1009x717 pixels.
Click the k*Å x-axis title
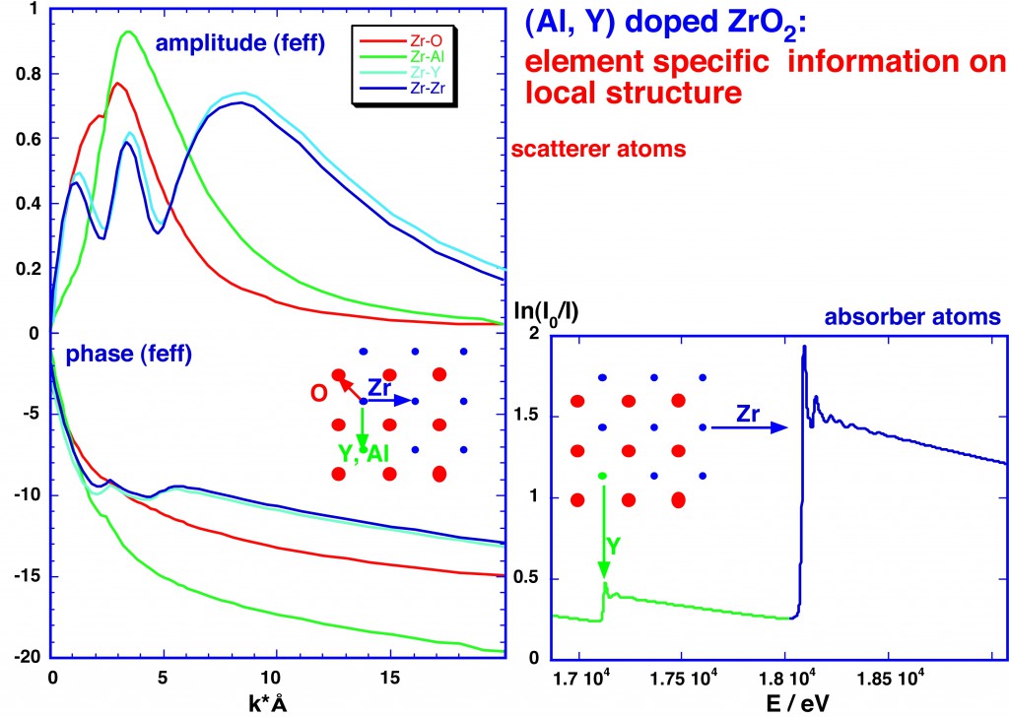271,703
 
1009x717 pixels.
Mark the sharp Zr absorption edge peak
804,348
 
